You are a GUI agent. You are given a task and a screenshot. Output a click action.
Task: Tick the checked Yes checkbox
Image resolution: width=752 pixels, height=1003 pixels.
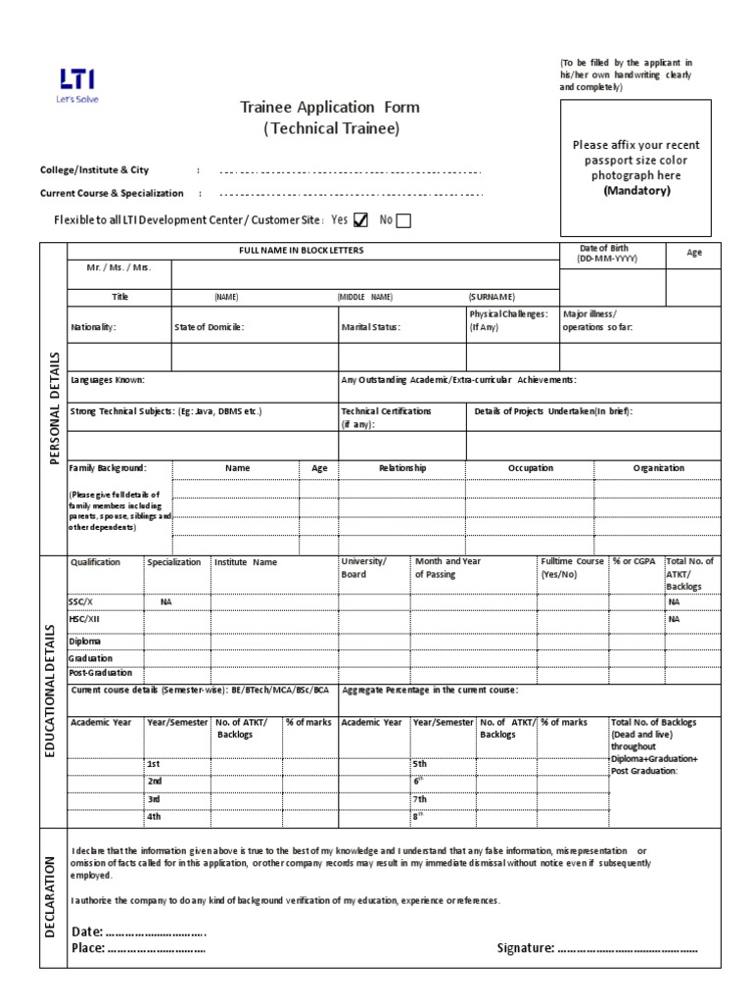(x=360, y=220)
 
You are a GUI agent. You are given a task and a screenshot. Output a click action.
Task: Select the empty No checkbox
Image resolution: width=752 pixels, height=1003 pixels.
(x=403, y=220)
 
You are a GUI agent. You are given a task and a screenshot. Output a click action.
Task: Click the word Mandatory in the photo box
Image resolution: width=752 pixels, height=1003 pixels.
(x=636, y=191)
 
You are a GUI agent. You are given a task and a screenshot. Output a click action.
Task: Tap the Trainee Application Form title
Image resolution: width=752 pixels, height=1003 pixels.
(x=331, y=107)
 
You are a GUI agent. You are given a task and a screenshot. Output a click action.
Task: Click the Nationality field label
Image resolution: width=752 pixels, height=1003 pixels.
(x=93, y=327)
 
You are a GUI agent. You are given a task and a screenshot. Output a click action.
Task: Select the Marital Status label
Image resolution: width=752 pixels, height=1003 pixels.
(x=370, y=327)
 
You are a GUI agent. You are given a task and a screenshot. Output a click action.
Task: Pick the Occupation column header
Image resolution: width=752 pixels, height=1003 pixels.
(x=530, y=468)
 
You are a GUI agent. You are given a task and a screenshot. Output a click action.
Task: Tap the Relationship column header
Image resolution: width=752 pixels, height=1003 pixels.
(x=402, y=468)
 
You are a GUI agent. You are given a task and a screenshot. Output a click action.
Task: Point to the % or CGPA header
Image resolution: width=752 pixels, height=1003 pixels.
(x=634, y=561)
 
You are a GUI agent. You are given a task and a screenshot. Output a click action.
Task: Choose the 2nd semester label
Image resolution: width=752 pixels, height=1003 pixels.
(x=154, y=781)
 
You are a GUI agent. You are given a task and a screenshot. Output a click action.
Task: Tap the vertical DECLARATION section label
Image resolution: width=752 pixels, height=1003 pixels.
(x=51, y=897)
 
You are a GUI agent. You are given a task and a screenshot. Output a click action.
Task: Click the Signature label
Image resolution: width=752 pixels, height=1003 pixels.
(x=527, y=948)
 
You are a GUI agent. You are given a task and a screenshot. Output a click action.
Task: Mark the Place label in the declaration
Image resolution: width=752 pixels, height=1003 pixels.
(x=87, y=948)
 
